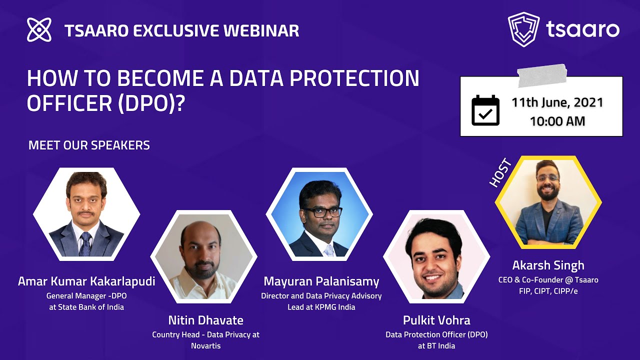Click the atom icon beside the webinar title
(x=39, y=29)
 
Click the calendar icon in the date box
(x=485, y=110)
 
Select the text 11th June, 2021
(x=557, y=103)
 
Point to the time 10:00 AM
(x=557, y=121)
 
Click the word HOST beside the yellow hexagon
(x=500, y=172)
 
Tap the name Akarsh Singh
(x=548, y=265)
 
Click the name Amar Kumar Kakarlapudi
(x=86, y=281)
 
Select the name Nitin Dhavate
(x=205, y=320)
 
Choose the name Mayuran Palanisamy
(x=321, y=281)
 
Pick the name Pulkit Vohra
(x=436, y=320)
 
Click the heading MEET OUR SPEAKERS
(x=89, y=145)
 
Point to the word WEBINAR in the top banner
(x=261, y=30)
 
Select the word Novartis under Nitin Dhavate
(x=205, y=345)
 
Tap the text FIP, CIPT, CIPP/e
(x=548, y=291)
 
